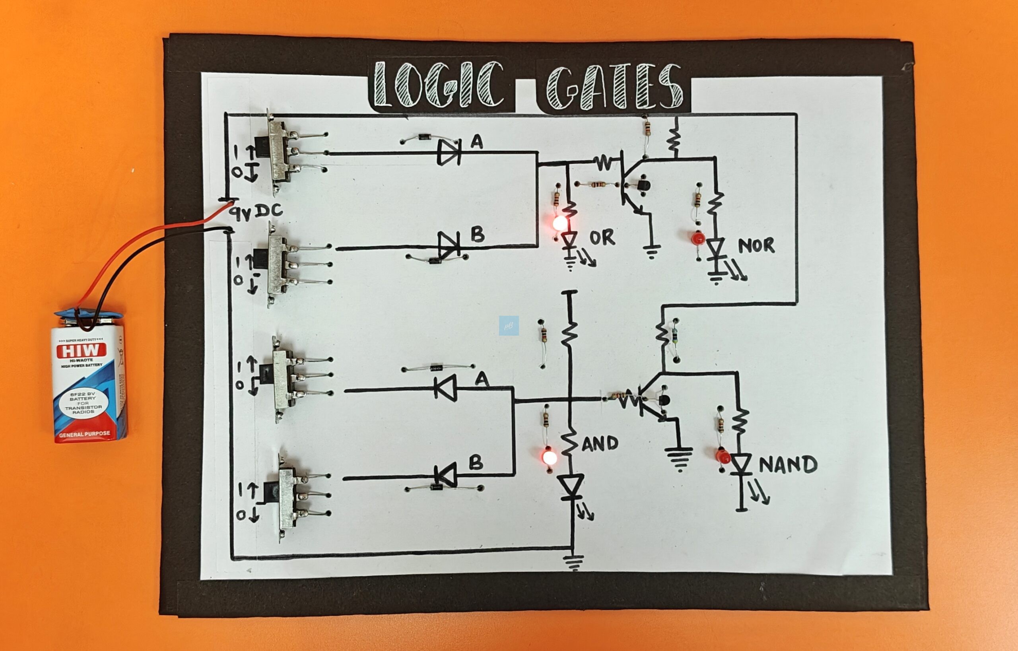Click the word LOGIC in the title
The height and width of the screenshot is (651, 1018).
click(x=440, y=85)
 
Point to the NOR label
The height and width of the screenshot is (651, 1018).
click(x=756, y=246)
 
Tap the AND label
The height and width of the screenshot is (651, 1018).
click(x=600, y=443)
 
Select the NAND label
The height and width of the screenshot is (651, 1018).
click(x=788, y=464)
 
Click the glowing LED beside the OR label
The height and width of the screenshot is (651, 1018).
click(x=560, y=223)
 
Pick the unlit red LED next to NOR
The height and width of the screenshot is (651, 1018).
click(x=697, y=239)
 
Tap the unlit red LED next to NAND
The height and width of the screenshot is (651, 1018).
click(x=723, y=456)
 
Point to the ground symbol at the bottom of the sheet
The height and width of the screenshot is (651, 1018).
click(x=573, y=562)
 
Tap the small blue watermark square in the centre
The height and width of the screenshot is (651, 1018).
click(x=509, y=325)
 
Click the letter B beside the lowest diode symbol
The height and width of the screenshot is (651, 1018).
click(x=476, y=463)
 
